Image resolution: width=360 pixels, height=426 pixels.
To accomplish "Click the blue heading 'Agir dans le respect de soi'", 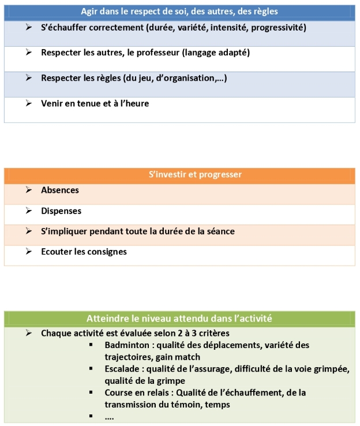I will coord(179,12).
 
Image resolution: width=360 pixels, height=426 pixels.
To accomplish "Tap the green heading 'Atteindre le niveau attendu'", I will coord(179,318).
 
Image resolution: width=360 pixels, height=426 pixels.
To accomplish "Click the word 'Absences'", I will coord(60,190).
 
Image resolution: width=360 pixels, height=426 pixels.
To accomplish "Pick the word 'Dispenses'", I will coord(61,211).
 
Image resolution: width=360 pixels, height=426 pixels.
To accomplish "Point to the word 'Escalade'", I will coord(123,369).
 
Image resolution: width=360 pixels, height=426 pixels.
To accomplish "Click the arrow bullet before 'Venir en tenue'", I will coord(28,103).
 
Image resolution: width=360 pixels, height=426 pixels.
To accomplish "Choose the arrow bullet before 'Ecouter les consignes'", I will coord(28,252).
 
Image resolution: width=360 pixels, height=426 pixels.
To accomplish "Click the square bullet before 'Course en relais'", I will coord(91,393).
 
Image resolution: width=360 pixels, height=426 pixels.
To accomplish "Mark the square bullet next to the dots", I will coord(91,416).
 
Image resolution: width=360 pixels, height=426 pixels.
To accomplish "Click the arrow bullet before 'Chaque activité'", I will coord(28,333).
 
